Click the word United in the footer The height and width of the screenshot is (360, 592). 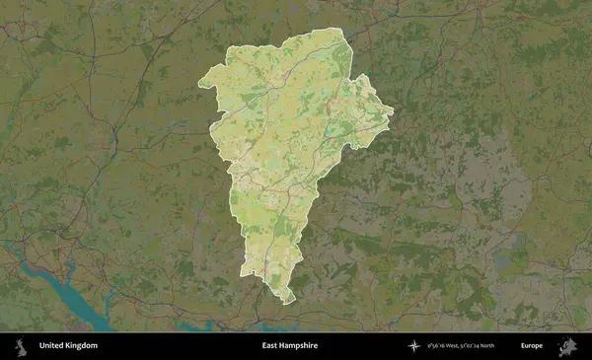[50, 346]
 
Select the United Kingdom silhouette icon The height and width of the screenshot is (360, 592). [19, 346]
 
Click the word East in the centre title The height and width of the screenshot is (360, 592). [270, 346]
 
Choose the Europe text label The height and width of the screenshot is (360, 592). [532, 346]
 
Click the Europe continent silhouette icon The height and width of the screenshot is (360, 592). [569, 346]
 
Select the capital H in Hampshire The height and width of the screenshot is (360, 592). [281, 346]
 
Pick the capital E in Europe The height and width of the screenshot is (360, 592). [523, 346]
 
